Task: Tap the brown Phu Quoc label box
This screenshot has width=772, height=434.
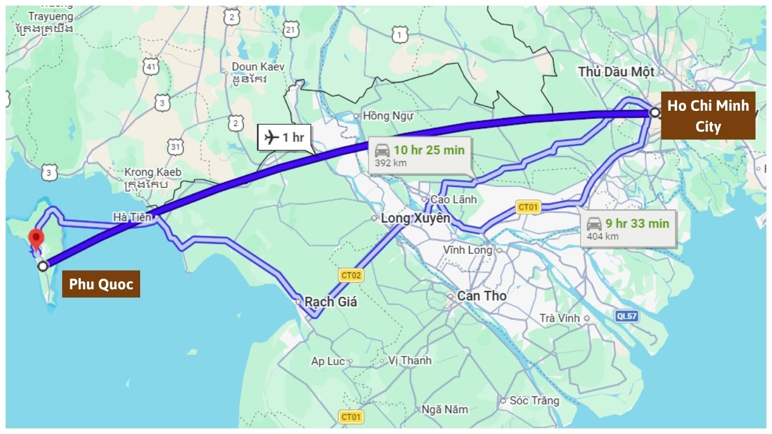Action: point(101,284)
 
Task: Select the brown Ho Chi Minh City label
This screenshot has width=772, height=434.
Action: point(708,115)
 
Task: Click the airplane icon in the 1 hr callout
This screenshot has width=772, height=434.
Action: point(272,137)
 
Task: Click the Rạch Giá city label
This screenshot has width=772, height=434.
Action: point(331,302)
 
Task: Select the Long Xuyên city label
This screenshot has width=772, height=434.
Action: point(415,218)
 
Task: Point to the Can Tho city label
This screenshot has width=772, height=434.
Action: point(482,296)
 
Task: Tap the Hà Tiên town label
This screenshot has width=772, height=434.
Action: point(132,217)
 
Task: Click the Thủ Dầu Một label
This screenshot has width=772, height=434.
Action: point(616,72)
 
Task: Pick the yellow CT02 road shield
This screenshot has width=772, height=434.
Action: point(351,275)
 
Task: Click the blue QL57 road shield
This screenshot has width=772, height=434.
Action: point(627,316)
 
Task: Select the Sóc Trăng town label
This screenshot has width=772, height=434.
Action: point(534,401)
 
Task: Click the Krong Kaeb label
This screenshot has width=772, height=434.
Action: point(153,172)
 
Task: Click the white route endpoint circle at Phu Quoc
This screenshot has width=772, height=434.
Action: point(42,266)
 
